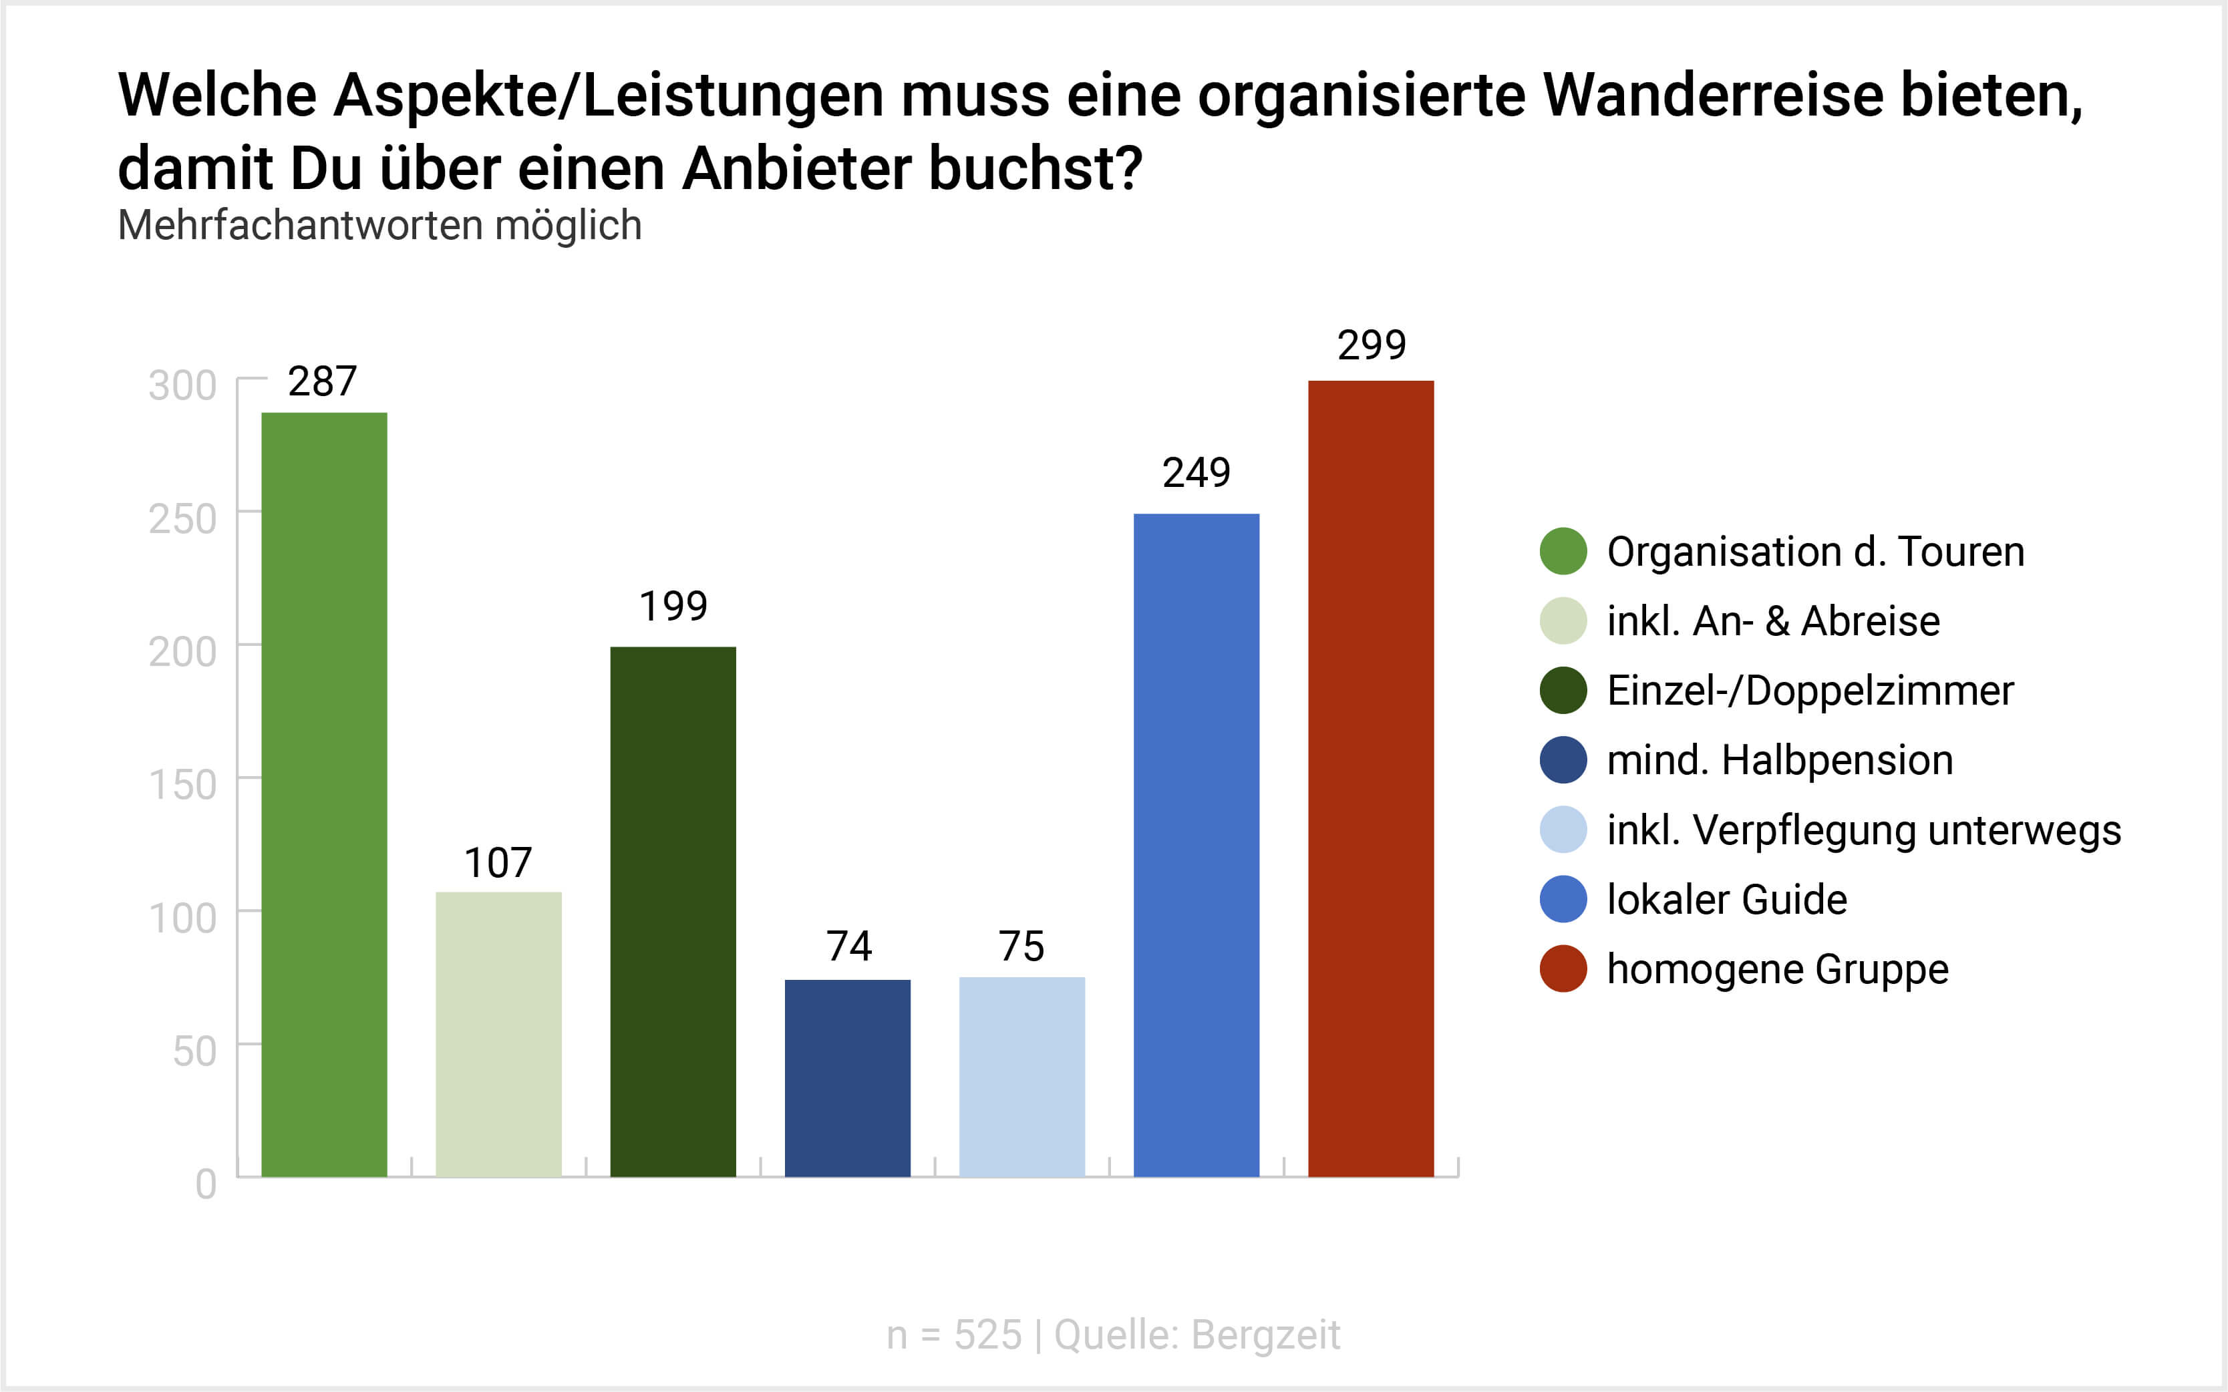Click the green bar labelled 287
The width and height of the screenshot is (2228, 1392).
pyautogui.click(x=324, y=794)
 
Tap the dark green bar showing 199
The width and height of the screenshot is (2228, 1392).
pyautogui.click(x=673, y=912)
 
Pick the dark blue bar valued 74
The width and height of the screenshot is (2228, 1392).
pyautogui.click(x=847, y=1077)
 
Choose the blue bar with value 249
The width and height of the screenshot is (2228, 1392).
pyautogui.click(x=1196, y=844)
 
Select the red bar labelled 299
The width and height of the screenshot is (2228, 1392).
pyautogui.click(x=1371, y=778)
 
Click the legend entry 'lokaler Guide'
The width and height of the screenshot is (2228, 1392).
pyautogui.click(x=1726, y=900)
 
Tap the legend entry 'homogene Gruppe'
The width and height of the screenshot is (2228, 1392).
pyautogui.click(x=1777, y=969)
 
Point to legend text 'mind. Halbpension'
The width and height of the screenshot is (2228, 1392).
pyautogui.click(x=1778, y=760)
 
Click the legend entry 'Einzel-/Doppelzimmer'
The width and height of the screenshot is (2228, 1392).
pyautogui.click(x=1809, y=691)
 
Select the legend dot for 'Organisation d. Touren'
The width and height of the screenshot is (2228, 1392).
pyautogui.click(x=1563, y=552)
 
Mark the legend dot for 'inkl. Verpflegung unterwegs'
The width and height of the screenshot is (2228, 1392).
pyautogui.click(x=1563, y=830)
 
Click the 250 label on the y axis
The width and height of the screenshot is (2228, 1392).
pyautogui.click(x=183, y=518)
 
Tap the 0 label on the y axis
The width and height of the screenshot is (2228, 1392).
pyautogui.click(x=206, y=1184)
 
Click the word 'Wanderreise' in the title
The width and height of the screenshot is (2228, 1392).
pyautogui.click(x=1712, y=95)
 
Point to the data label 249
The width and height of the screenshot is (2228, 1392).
pyautogui.click(x=1196, y=473)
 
